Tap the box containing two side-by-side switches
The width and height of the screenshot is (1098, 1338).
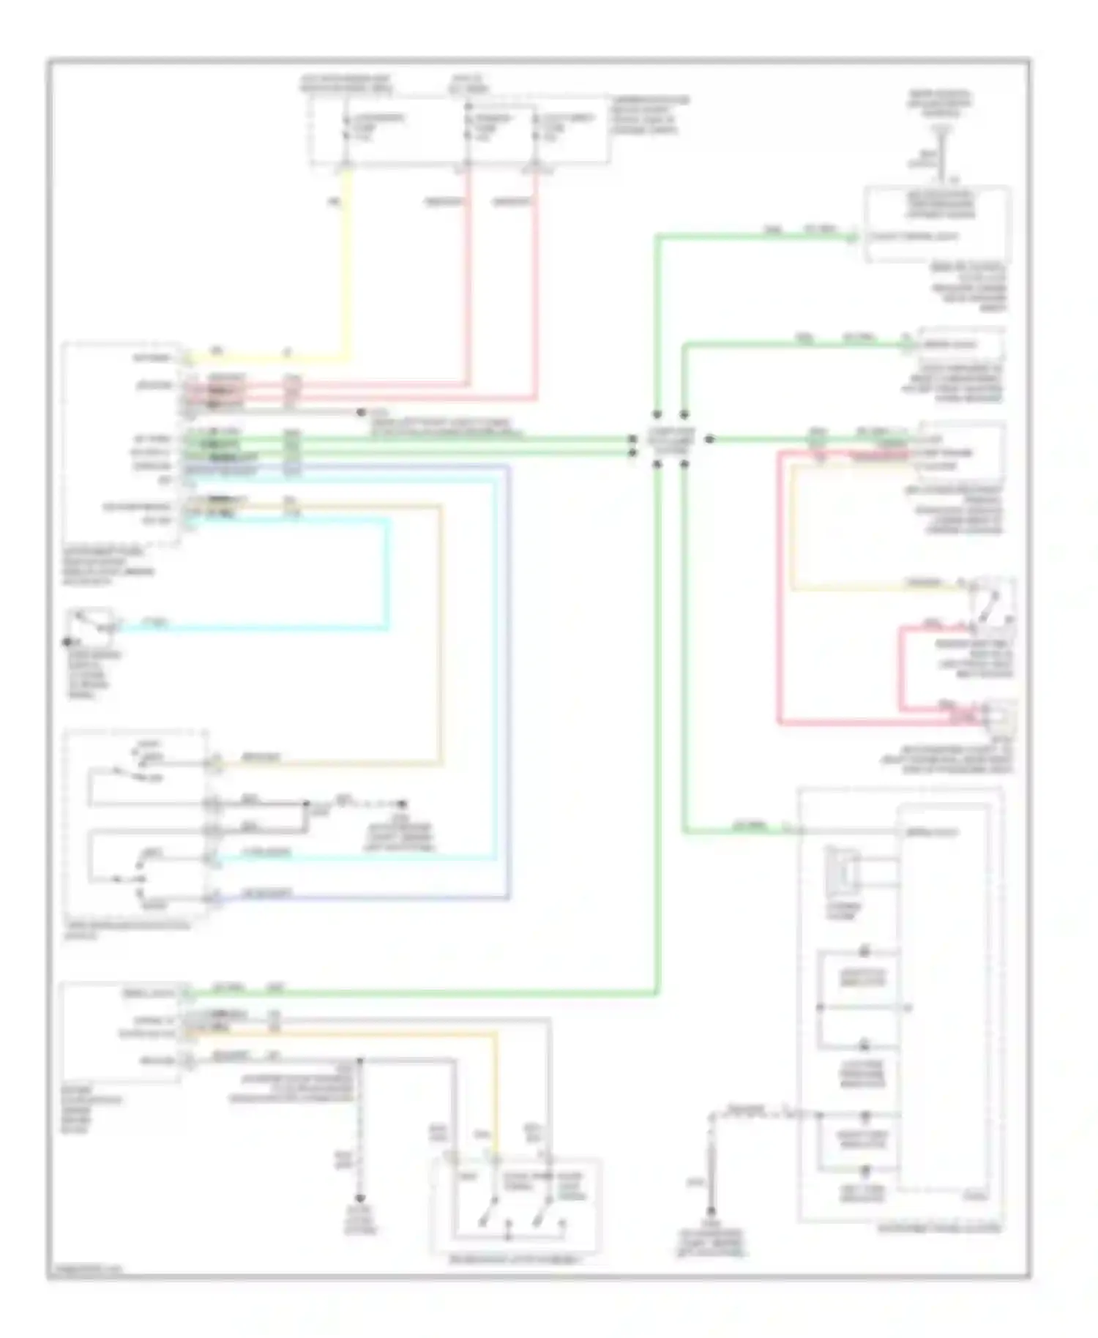point(517,1205)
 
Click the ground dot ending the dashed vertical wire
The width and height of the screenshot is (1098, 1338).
point(359,1198)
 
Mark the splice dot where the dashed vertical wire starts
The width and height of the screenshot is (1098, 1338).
point(359,1060)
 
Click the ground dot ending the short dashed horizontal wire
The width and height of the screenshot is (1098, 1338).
point(402,804)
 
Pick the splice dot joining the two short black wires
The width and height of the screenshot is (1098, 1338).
point(307,804)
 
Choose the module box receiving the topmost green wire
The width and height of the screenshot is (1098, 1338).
point(938,223)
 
